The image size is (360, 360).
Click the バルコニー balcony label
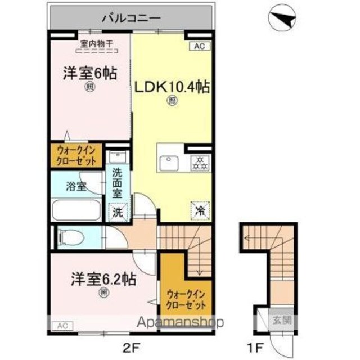[131, 19]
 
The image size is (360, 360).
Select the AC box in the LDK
[199, 46]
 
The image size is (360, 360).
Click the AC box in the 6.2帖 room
[62, 326]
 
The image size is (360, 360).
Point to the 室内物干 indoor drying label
[96, 44]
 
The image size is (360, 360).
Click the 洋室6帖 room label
[90, 74]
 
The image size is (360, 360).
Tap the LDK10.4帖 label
[172, 88]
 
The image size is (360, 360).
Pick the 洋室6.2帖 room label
[103, 279]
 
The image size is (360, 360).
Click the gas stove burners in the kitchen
[200, 163]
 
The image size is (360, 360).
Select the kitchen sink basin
[169, 163]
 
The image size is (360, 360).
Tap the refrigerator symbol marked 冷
[200, 211]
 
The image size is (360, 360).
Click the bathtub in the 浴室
[76, 210]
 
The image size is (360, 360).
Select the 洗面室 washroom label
[117, 183]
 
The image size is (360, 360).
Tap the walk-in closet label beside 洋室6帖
[76, 156]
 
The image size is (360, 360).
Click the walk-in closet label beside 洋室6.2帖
[186, 299]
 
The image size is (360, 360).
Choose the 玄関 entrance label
[282, 320]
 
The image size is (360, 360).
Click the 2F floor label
[131, 348]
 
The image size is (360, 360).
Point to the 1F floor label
[254, 348]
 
